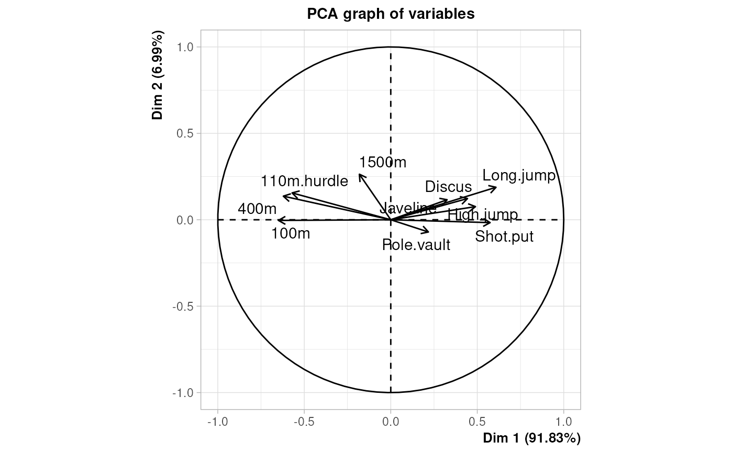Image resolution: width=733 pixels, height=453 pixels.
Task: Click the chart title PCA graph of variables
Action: coord(391,14)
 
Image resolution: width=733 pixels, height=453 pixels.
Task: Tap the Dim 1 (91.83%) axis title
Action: coord(531,437)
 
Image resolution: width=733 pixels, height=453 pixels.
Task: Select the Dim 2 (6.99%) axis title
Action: coord(158,75)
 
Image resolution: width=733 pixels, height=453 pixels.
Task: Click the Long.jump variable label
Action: coord(518,176)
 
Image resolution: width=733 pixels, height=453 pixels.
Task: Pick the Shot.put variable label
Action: coord(504,236)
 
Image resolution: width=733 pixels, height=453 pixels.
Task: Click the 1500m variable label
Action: coord(383,163)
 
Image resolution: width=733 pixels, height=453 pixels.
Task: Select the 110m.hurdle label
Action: coord(304,182)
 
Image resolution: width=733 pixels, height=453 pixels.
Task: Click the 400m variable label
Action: coord(257,209)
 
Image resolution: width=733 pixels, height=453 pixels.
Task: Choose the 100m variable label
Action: coord(291,233)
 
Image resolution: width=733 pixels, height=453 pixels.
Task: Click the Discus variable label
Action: coord(448,187)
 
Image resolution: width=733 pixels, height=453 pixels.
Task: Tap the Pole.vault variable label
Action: coord(416,244)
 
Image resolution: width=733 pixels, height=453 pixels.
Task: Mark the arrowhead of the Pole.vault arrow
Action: coord(429,232)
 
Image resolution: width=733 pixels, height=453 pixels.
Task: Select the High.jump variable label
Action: coord(483,214)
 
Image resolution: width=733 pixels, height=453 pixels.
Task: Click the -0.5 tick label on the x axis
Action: coord(304,421)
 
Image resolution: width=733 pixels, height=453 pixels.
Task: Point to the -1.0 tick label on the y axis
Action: coord(182,392)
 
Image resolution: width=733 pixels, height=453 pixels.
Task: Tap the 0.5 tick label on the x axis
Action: coord(477,421)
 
